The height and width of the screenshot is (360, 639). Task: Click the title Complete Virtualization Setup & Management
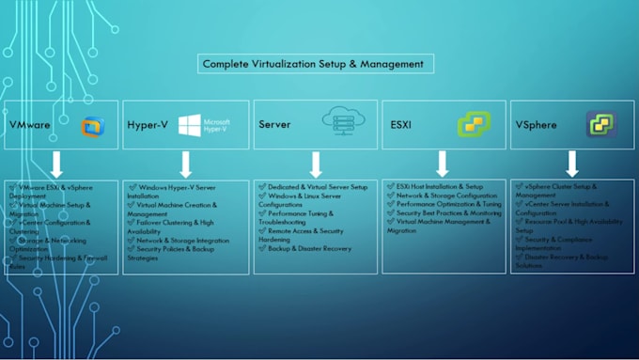pyautogui.click(x=317, y=65)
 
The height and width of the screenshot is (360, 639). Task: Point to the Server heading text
pyautogui.click(x=274, y=124)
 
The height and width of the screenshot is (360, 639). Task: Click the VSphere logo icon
pyautogui.click(x=600, y=124)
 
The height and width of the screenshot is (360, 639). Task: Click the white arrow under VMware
pyautogui.click(x=55, y=164)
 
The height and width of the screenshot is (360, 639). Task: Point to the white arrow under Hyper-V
pyautogui.click(x=185, y=164)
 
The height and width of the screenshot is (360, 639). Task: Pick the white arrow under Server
pyautogui.click(x=316, y=164)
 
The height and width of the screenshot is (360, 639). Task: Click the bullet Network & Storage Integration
pyautogui.click(x=182, y=240)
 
